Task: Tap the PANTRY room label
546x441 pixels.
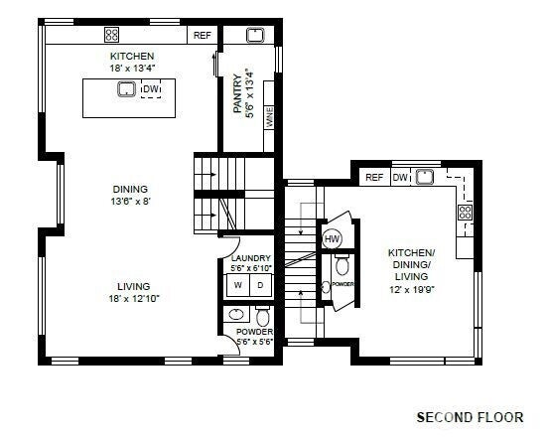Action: [x=243, y=91]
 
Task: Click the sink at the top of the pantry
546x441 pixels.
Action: [x=253, y=36]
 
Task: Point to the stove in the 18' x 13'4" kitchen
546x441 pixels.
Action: [x=112, y=35]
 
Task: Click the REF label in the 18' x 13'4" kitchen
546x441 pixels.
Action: [x=202, y=36]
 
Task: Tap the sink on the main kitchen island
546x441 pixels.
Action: [x=127, y=90]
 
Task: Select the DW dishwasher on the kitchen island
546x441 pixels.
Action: [x=151, y=91]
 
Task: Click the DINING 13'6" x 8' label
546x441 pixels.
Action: [x=130, y=195]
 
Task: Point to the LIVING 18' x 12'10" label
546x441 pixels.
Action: [x=133, y=290]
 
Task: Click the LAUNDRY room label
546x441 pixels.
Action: [x=250, y=263]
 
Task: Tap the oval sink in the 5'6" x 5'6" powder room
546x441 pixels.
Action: [x=236, y=315]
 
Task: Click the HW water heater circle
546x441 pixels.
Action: [x=332, y=239]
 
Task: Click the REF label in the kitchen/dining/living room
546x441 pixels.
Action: [x=374, y=178]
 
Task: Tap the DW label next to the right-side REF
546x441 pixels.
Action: [x=399, y=178]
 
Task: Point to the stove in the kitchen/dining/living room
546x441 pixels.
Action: [x=464, y=212]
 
